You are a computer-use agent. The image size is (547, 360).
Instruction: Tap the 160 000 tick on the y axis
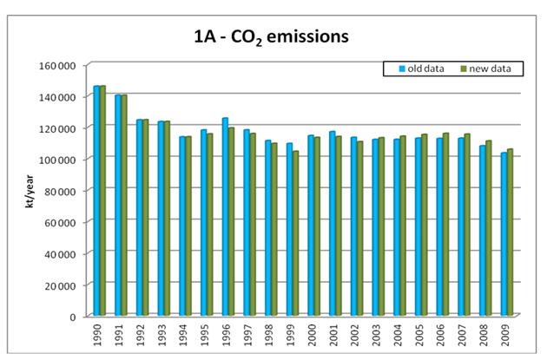point(61,65)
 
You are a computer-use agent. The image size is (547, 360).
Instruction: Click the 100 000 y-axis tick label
point(61,159)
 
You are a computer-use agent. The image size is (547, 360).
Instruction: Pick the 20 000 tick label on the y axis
point(63,285)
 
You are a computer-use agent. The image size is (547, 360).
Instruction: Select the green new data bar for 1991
point(123,205)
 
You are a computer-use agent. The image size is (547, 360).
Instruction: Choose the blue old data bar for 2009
point(503,234)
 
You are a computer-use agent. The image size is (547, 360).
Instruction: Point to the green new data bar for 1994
point(188,226)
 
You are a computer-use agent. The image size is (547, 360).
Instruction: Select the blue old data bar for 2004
point(396,227)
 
